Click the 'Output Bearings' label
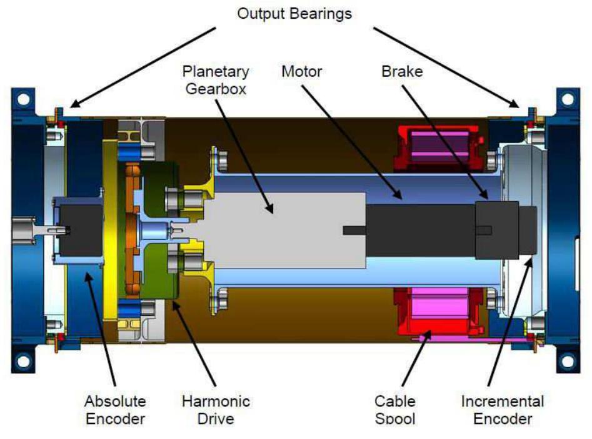294,13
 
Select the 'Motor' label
301,71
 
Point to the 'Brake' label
402,71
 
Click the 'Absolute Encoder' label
116,409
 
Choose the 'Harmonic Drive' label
215,409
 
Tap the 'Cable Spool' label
394,409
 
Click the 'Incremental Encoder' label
503,409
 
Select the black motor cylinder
419,230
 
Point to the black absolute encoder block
81,230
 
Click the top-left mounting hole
23,99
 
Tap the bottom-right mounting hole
568,360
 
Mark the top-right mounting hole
568,99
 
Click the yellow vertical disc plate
112,230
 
